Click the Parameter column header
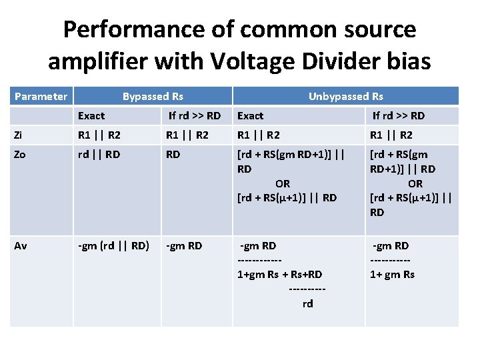click(x=41, y=97)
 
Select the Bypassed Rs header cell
click(x=153, y=97)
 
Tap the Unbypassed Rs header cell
click(x=345, y=97)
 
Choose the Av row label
click(x=21, y=246)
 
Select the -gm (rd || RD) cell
click(x=113, y=246)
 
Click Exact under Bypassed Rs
click(x=91, y=116)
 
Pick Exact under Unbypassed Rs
click(x=251, y=116)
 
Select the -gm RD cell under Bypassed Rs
click(x=184, y=246)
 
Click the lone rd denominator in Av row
click(x=307, y=304)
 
